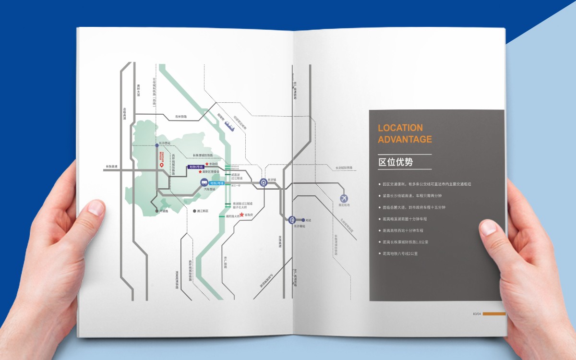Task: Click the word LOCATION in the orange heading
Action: pyautogui.click(x=400, y=128)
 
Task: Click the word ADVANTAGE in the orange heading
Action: pyautogui.click(x=405, y=140)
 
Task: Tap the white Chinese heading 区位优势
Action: pyautogui.click(x=396, y=162)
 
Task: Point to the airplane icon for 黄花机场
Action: pyautogui.click(x=344, y=198)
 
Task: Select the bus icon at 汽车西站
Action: pyautogui.click(x=204, y=182)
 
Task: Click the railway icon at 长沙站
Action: pyautogui.click(x=263, y=182)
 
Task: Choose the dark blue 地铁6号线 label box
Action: pyautogui.click(x=195, y=166)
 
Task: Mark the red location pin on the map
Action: pyautogui.click(x=162, y=165)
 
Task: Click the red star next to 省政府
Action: pyautogui.click(x=242, y=215)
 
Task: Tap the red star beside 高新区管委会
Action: pyautogui.click(x=200, y=171)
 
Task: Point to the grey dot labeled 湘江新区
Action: pyautogui.click(x=194, y=211)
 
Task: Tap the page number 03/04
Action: pyautogui.click(x=477, y=314)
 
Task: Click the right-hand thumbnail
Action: pyautogui.click(x=489, y=229)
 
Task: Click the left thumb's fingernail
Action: pyautogui.click(x=96, y=208)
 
